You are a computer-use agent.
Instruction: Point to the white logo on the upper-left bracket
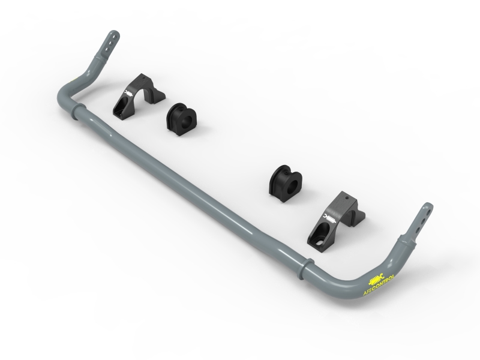(x=128, y=94)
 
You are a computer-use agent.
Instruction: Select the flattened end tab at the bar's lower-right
(x=422, y=218)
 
